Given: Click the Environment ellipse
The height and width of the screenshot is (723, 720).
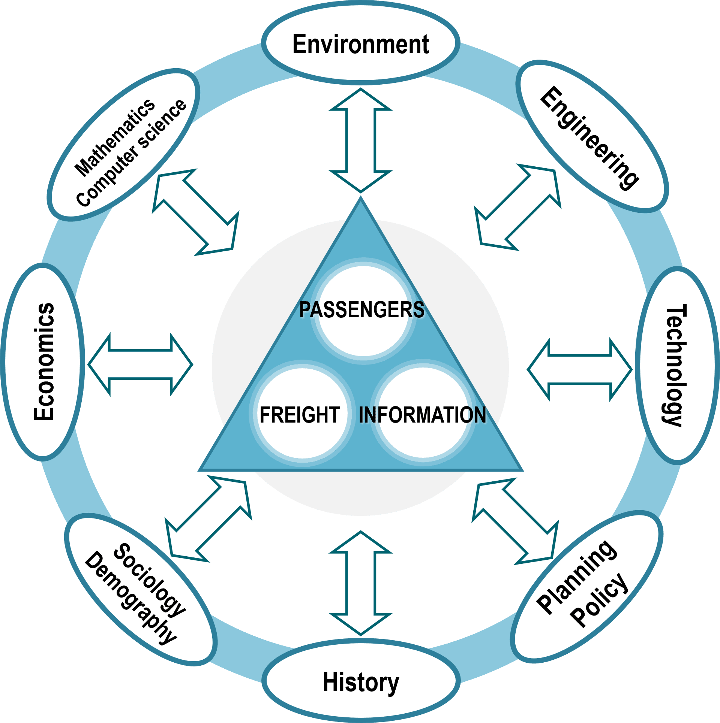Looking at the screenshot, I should [x=360, y=43].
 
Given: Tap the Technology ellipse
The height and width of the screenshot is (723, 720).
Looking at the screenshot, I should [x=675, y=365].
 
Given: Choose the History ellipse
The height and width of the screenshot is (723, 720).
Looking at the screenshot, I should [x=361, y=682].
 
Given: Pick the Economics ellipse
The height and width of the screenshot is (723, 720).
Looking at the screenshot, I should [x=43, y=361].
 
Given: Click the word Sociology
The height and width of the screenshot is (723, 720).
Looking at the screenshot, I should [x=150, y=579].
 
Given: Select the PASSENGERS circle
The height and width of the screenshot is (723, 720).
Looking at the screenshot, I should [x=363, y=311].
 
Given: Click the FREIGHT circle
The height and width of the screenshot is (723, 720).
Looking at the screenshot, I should [x=302, y=414].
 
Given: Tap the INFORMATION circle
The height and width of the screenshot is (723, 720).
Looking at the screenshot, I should [x=423, y=414].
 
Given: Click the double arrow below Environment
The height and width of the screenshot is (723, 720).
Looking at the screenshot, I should [x=361, y=140].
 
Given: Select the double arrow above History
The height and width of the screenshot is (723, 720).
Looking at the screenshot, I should [x=361, y=583].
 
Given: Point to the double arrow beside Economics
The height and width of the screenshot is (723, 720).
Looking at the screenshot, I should [x=141, y=364].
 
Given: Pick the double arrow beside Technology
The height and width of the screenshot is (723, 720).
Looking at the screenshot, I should [x=580, y=369].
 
